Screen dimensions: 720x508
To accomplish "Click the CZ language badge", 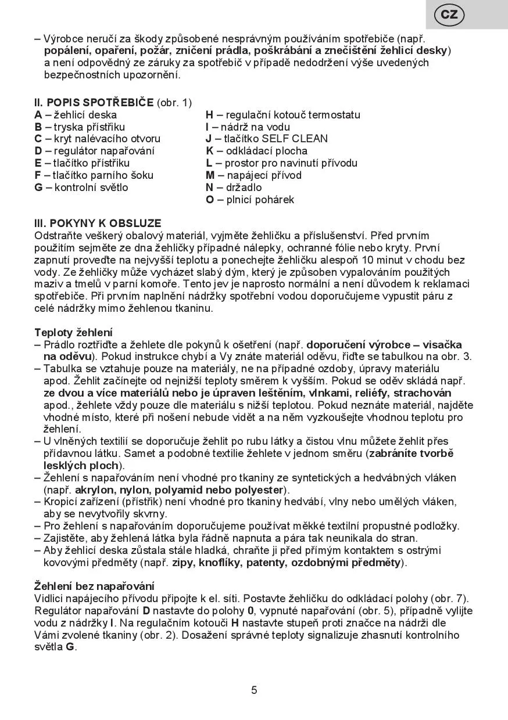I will pos(449,15).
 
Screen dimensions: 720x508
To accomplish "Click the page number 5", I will pos(254,690).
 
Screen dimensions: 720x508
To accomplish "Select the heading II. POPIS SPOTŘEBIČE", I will pos(95,103).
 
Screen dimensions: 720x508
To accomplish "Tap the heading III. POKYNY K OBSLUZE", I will pos(98,223).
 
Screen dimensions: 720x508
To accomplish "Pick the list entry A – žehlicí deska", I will pos(76,115).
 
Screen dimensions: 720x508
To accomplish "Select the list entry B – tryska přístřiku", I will pos(80,127).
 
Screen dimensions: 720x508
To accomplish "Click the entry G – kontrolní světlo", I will pos(81,188).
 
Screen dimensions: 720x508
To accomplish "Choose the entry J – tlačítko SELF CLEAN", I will pos(266,139).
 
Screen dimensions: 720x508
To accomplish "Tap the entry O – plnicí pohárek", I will pos(250,200).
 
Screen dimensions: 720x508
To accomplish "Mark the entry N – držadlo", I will pos(234,188).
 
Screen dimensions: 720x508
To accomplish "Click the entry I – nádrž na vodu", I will pos(248,127).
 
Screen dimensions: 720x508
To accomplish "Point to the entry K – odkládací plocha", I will pos(258,151).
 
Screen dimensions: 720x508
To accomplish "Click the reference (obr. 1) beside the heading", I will pos(174,103).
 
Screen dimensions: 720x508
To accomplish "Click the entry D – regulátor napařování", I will pos(95,151).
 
